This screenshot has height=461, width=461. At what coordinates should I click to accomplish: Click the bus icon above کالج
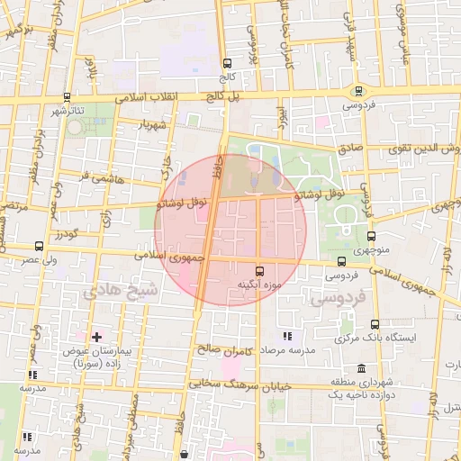coord(226,64)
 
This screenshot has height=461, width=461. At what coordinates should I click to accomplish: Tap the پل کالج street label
coord(198,95)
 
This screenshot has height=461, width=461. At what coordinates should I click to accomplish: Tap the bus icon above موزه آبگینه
coord(260,270)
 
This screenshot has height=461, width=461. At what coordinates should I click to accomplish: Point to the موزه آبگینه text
coord(259,285)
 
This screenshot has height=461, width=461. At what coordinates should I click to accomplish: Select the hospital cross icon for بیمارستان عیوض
coord(96,336)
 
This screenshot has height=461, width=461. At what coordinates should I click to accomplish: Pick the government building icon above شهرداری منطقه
coord(361,368)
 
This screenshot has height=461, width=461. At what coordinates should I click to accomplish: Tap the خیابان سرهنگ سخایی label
coord(231,384)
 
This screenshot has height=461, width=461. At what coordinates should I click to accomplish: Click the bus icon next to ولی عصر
coord(38,246)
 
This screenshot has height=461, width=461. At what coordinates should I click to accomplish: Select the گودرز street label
coord(65,235)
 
